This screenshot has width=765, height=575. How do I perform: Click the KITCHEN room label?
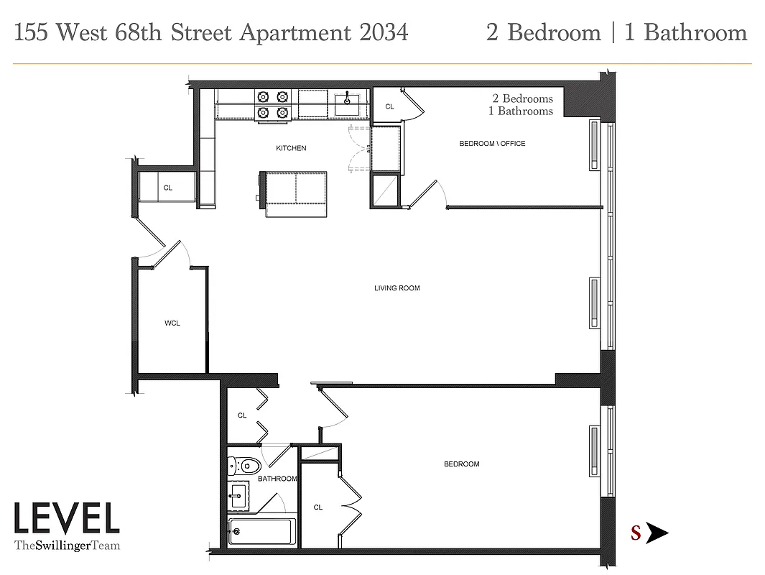click(x=291, y=148)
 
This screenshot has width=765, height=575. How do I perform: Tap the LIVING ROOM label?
click(x=397, y=288)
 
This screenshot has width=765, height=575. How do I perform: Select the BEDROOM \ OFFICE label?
click(x=492, y=144)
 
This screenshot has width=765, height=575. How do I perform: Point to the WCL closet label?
click(x=172, y=323)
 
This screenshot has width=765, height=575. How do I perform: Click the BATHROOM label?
click(x=277, y=479)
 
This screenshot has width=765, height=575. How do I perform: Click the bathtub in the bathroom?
click(x=261, y=533)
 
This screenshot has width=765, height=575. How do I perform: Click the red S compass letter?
click(x=636, y=533)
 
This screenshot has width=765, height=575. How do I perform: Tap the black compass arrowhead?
click(x=657, y=533)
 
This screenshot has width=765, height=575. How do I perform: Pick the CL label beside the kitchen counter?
click(x=168, y=188)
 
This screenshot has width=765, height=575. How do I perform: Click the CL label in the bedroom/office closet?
click(x=390, y=106)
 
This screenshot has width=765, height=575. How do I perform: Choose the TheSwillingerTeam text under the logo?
click(x=67, y=546)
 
